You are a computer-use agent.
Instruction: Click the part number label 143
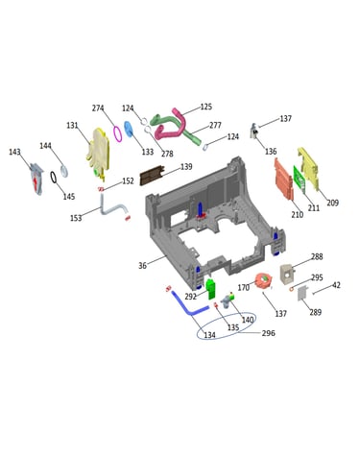[x=14, y=152]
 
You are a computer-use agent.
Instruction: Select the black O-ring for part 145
[x=54, y=177]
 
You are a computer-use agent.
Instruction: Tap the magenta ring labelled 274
[x=117, y=133]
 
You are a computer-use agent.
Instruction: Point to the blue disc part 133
[x=129, y=129]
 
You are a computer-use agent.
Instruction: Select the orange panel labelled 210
[x=283, y=179]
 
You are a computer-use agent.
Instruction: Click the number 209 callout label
[x=332, y=203]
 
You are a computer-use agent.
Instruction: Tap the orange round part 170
[x=264, y=280]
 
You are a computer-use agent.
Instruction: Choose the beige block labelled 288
[x=287, y=274]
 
